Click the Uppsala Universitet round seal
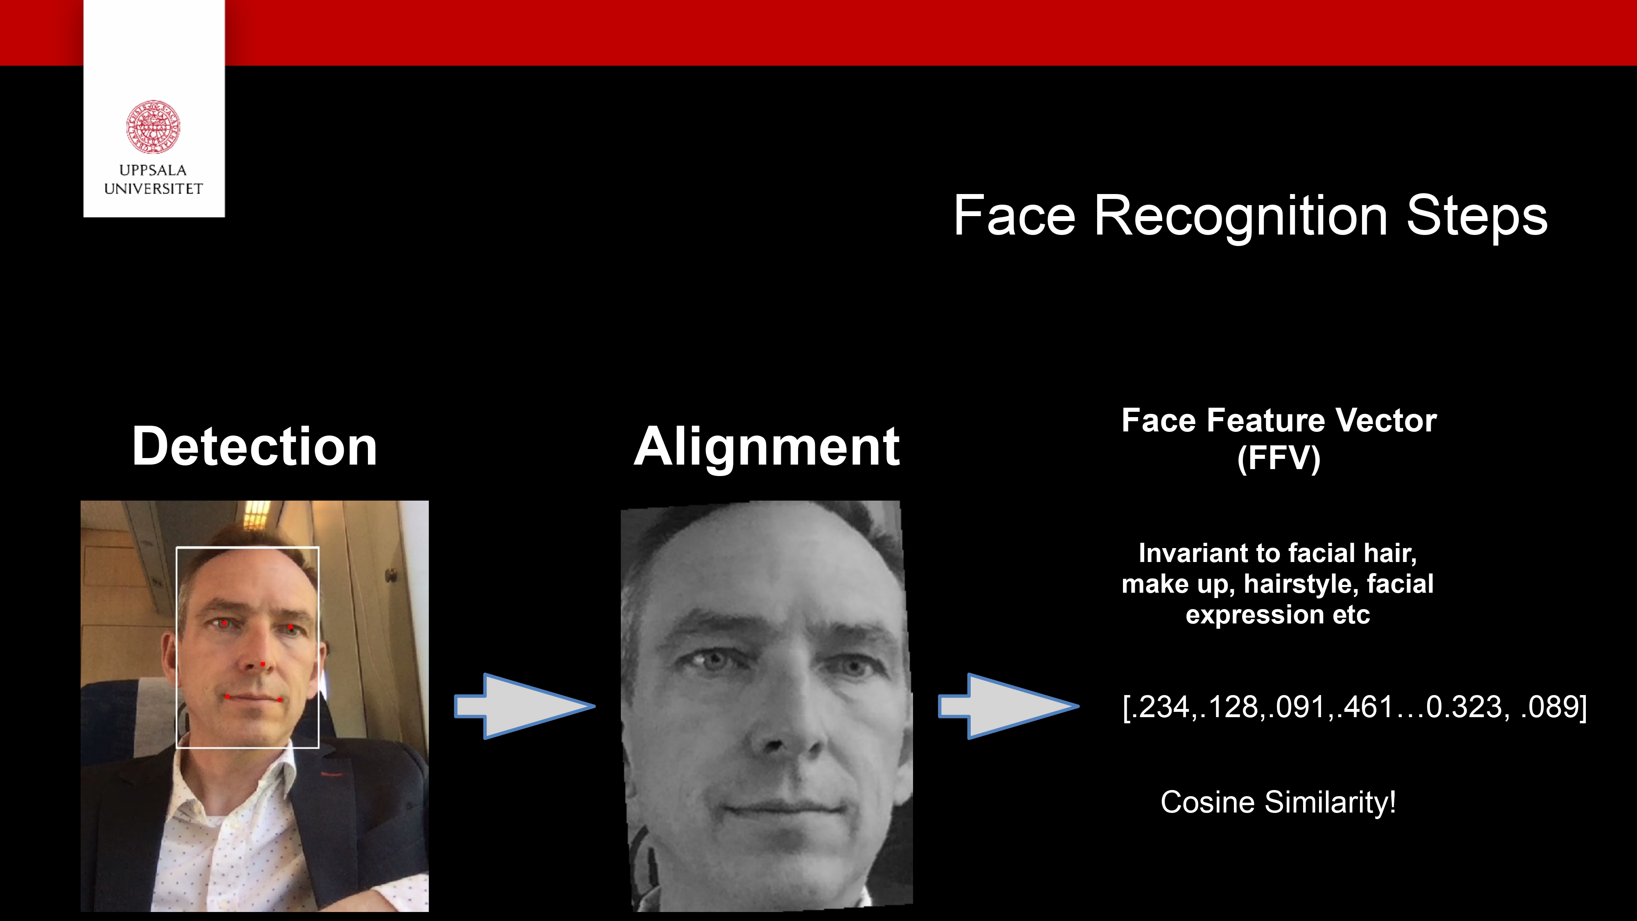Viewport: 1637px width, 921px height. [x=153, y=126]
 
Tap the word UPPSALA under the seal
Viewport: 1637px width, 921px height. [x=153, y=170]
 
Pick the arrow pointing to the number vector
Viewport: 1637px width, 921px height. [x=1008, y=706]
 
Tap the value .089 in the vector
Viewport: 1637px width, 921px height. [x=1549, y=707]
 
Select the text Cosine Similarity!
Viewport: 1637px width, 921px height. [x=1278, y=802]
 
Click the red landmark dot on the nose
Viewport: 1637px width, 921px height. [x=262, y=664]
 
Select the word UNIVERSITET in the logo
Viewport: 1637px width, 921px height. [x=153, y=189]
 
